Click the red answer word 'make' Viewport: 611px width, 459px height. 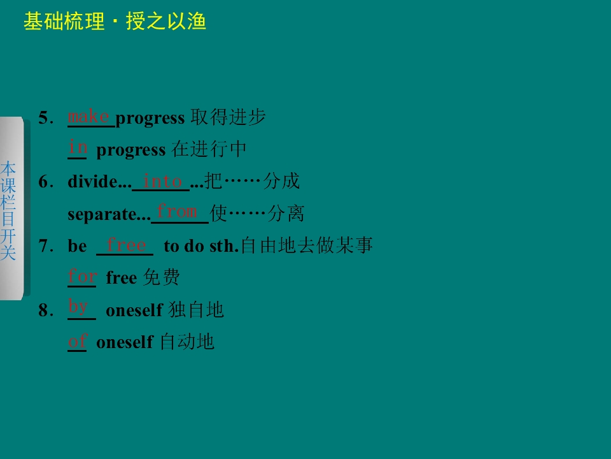(x=88, y=116)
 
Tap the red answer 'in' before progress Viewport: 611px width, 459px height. (x=77, y=147)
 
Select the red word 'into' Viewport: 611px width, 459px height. (x=163, y=181)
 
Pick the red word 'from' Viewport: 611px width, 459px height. (x=177, y=210)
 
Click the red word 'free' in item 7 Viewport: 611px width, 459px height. (x=126, y=244)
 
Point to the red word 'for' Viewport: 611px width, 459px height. (x=83, y=276)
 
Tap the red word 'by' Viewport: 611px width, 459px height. (x=78, y=307)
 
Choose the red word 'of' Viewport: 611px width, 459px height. (x=77, y=341)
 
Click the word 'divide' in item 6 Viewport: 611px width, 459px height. (x=93, y=182)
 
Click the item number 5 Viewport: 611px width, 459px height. (x=44, y=118)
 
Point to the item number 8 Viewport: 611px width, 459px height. (x=44, y=310)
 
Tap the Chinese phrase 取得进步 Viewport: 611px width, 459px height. (x=228, y=118)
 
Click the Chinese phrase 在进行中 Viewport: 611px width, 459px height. (x=209, y=150)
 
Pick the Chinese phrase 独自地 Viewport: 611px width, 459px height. (x=196, y=310)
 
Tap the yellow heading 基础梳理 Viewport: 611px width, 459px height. (x=64, y=22)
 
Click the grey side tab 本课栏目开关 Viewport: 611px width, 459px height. (x=9, y=210)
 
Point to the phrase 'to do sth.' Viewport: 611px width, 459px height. (x=200, y=246)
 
